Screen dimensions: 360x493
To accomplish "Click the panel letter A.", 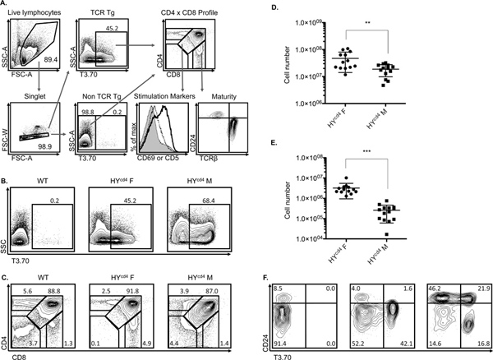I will (5, 6).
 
